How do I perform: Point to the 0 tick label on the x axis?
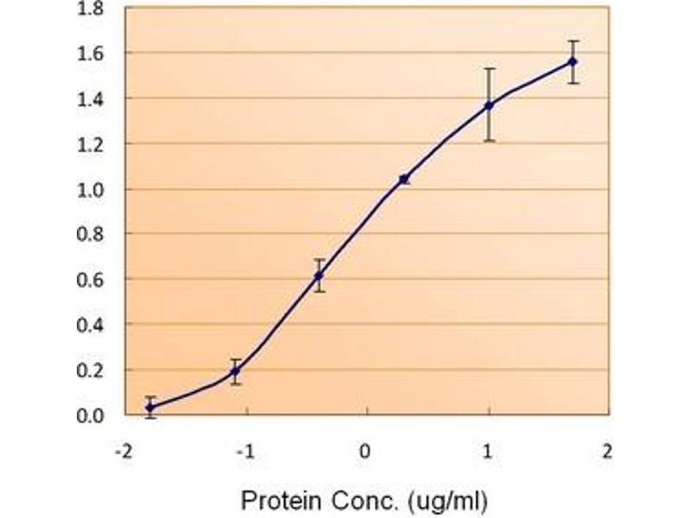point(367,451)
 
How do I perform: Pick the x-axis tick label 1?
point(489,451)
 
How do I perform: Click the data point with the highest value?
point(573,61)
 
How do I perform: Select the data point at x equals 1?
point(489,105)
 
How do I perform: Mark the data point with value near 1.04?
point(403,180)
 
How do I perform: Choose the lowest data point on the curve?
point(151,407)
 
